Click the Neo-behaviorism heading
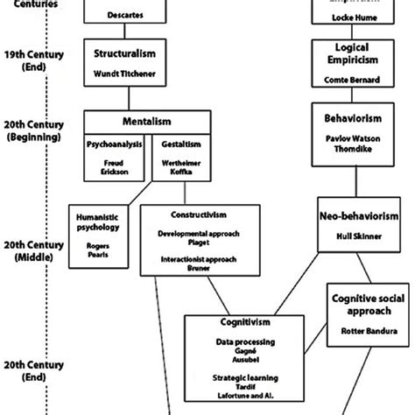(359, 215)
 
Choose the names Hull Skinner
(359, 236)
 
